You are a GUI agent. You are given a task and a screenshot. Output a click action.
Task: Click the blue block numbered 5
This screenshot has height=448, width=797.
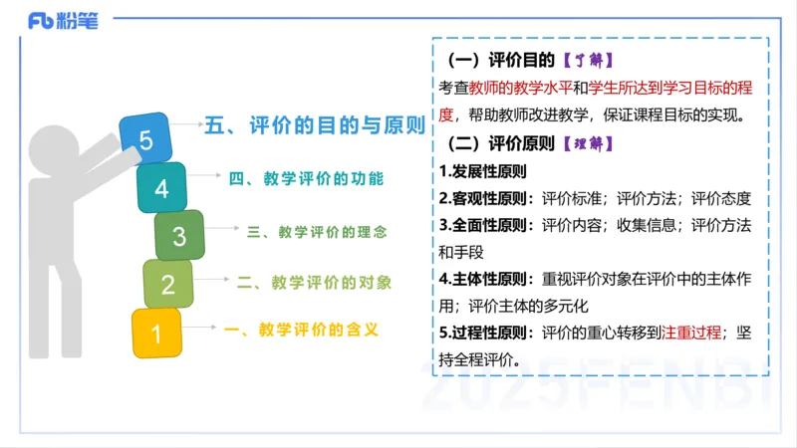(145, 139)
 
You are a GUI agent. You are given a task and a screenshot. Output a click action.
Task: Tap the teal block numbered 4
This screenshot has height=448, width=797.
(161, 187)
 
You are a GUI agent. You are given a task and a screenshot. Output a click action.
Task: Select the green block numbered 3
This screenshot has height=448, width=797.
(179, 236)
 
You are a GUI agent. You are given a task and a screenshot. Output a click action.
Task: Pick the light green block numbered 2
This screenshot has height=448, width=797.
(167, 285)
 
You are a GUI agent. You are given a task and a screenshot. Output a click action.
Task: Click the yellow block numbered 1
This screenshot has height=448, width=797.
(156, 332)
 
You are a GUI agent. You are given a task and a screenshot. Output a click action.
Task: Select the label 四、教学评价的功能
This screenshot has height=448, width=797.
(306, 179)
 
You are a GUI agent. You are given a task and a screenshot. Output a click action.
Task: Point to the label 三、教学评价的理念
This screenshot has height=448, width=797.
(317, 232)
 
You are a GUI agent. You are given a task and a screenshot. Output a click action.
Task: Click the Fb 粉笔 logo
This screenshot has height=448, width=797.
(64, 20)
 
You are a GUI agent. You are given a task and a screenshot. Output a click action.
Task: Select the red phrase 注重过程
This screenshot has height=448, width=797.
(690, 332)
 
